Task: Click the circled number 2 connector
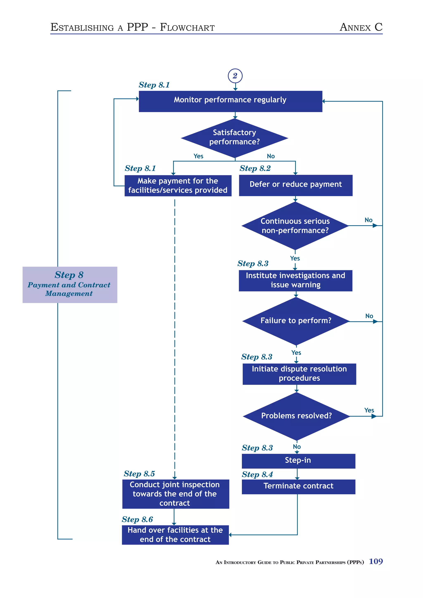pos(235,76)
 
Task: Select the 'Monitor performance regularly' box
pos(230,101)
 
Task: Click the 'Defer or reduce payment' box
pos(296,185)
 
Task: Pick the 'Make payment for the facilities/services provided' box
pos(178,186)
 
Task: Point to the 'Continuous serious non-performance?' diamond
pos(295,226)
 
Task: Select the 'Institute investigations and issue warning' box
pos(295,280)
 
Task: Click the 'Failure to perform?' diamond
pos(296,321)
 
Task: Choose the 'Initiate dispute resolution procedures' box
pos(299,374)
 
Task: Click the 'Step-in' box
pos(298,461)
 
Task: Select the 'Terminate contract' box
pos(298,486)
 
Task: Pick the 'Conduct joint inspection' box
pos(175,494)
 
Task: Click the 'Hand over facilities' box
pos(175,535)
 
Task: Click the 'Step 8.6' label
pos(137,519)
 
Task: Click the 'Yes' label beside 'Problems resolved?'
pos(369,410)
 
